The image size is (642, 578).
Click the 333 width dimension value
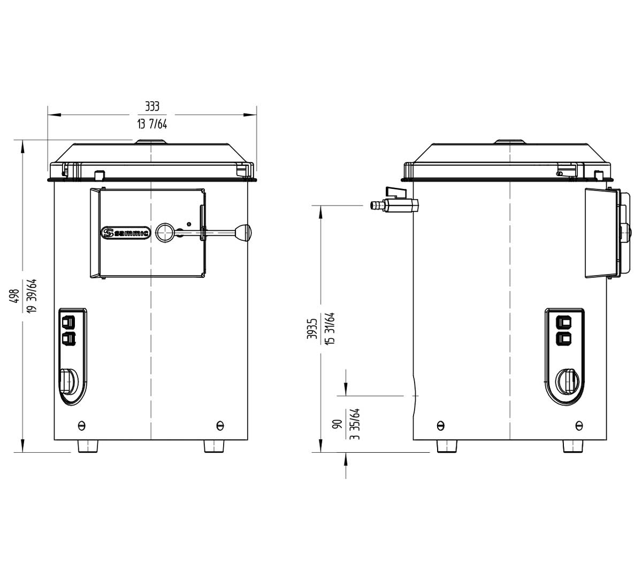pos(152,107)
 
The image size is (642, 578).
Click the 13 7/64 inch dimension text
pos(152,124)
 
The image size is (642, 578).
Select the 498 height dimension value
pos(16,296)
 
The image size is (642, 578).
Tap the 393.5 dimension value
pos(312,329)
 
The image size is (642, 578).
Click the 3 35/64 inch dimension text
pos(354,424)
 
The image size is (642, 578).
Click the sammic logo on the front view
pos(126,232)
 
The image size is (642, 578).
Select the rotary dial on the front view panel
pos(68,381)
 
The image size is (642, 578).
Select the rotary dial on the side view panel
pos(567,381)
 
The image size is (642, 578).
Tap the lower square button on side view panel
pos(565,338)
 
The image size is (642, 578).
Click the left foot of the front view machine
pos(88,446)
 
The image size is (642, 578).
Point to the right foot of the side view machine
pos(572,446)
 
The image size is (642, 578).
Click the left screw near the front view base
pos(81,425)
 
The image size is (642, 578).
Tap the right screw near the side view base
pos(579,425)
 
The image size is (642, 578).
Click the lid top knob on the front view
pos(151,142)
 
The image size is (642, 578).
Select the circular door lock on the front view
pos(165,232)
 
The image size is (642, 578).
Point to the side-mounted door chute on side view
pos(602,233)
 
